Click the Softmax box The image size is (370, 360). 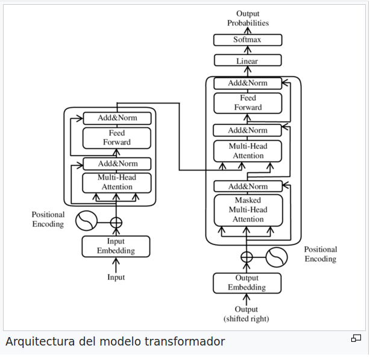coord(248,40)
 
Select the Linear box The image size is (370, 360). coord(248,61)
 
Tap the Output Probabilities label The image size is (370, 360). coord(248,18)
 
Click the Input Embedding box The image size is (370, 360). coord(116,246)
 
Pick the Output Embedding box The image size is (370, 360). coord(246,283)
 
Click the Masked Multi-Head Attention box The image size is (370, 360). coord(248,210)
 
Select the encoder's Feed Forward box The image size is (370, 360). coord(116,137)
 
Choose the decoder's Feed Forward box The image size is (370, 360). coord(248,103)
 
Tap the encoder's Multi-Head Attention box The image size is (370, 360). coord(116,182)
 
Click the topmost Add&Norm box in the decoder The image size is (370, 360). coord(248,83)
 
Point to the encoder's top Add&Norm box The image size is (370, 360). coord(116,118)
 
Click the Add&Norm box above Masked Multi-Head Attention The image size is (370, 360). coord(248,186)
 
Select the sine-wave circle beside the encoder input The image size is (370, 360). coord(86,221)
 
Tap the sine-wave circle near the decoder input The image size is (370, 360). coord(277,257)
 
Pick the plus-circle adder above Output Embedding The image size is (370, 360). coord(246,257)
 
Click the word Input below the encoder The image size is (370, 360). coord(116,277)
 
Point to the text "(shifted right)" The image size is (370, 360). coord(246,318)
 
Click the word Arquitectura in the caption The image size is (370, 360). coord(39,342)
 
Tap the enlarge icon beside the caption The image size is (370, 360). coord(356,338)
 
